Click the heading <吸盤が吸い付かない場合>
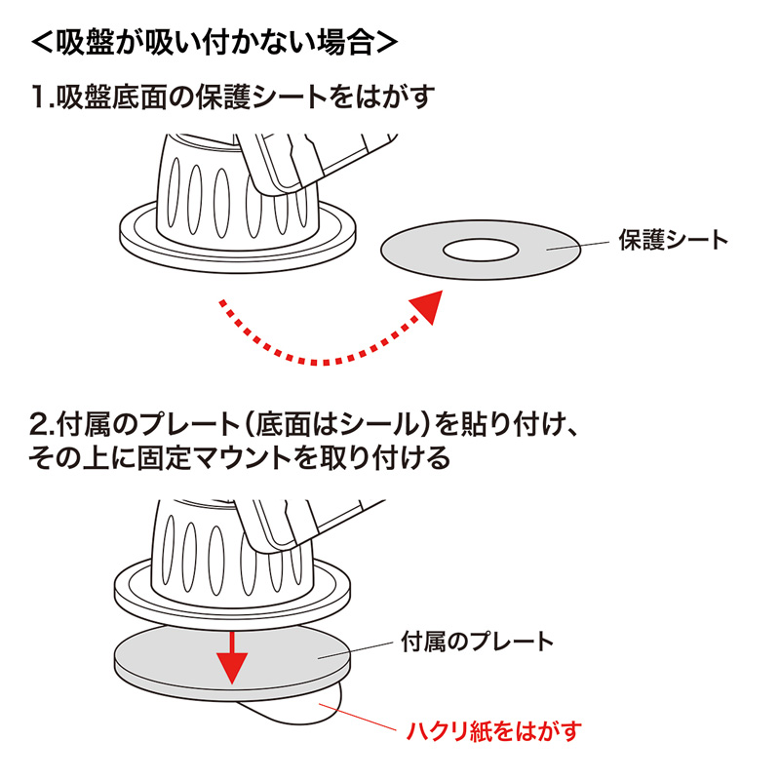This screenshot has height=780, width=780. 214,43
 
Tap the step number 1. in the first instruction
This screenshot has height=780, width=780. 42,97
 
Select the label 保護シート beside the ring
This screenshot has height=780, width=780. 673,239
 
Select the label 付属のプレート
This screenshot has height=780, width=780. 477,642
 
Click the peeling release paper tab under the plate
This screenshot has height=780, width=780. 302,710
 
